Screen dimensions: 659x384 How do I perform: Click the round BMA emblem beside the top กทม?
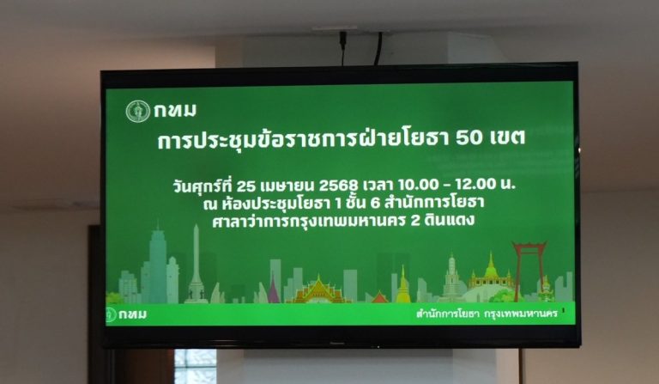pos(138,112)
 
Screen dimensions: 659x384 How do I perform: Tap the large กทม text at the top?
pos(175,111)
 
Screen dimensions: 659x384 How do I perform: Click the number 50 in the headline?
pos(469,137)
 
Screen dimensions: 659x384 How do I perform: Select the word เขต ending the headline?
pos(508,137)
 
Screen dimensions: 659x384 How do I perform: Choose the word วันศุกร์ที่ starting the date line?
pos(203,185)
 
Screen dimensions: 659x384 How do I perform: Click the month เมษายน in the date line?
pos(287,185)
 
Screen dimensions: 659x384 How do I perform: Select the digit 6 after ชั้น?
pos(375,203)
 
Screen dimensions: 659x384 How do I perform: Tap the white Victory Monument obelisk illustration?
pos(196,264)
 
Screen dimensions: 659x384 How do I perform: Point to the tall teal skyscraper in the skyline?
pos(158,265)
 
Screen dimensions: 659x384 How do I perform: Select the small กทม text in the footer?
pos(132,314)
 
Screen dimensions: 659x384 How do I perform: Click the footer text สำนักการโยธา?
pos(447,314)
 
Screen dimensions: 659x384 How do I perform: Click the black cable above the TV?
pos(378,48)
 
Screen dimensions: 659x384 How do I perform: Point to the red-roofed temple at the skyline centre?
pos(318,290)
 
